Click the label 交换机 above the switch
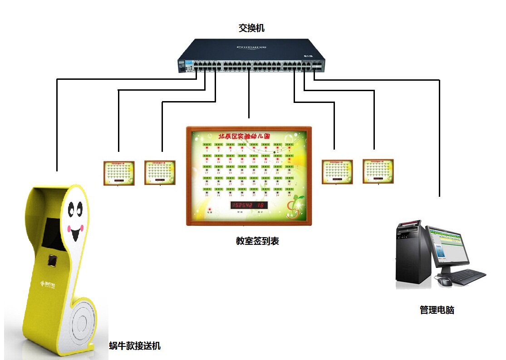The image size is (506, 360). pyautogui.click(x=251, y=28)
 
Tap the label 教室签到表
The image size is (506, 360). pyautogui.click(x=257, y=241)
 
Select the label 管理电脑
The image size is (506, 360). pyautogui.click(x=437, y=310)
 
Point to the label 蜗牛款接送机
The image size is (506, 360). pyautogui.click(x=135, y=346)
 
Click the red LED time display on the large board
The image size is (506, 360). pyautogui.click(x=249, y=205)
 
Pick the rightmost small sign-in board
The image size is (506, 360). pyautogui.click(x=378, y=171)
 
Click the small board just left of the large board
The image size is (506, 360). pyautogui.click(x=160, y=172)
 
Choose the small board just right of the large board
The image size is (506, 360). pyautogui.click(x=337, y=172)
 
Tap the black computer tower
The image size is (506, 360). pyautogui.click(x=412, y=254)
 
